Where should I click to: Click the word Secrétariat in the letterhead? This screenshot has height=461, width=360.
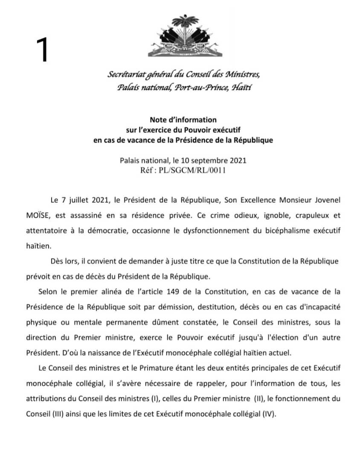(127, 75)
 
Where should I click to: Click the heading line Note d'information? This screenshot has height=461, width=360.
(183, 120)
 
